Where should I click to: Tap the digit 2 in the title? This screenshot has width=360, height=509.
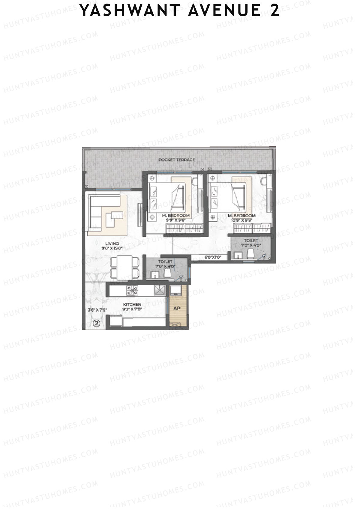coord(274,11)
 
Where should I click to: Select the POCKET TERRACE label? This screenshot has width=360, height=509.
coord(177,160)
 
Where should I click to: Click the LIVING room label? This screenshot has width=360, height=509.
coord(112,244)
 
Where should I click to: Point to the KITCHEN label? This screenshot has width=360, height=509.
coord(132,304)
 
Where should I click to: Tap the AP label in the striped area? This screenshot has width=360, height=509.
coord(177,308)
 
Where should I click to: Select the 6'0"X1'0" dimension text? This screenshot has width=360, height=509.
coord(212,257)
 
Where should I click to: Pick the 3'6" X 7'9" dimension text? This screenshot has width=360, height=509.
coord(97,310)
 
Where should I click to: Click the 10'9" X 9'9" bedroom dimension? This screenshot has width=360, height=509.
coord(241,220)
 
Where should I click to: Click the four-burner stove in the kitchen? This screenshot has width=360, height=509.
coord(132,290)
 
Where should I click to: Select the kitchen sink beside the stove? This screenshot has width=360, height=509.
coord(159,290)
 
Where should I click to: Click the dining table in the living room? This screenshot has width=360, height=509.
coord(124,268)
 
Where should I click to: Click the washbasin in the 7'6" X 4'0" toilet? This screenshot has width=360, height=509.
coord(155,274)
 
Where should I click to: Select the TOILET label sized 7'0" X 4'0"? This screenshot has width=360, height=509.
coord(251,241)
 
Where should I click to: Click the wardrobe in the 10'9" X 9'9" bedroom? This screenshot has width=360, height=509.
coord(252,229)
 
